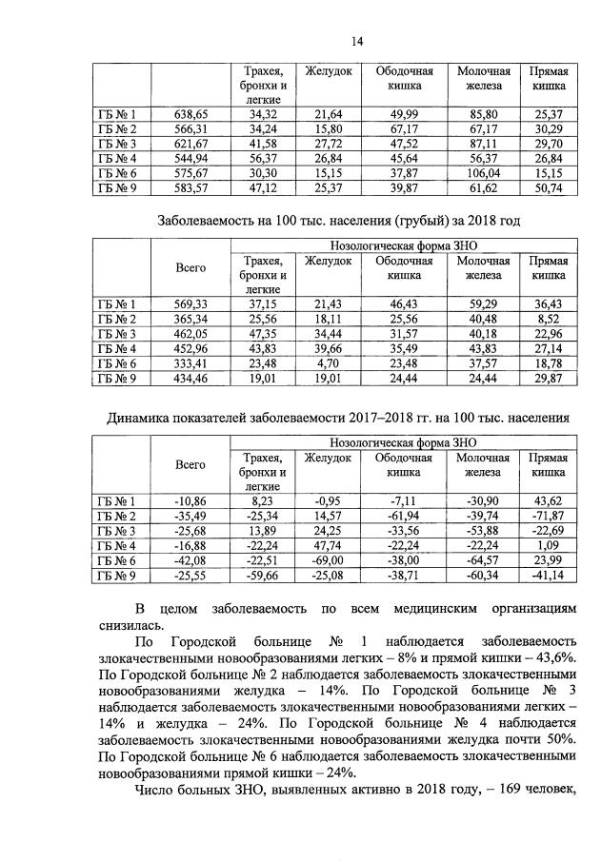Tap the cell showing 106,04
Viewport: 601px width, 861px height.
pos(484,174)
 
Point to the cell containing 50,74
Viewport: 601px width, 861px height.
pos(549,189)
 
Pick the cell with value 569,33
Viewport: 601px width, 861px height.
pos(190,303)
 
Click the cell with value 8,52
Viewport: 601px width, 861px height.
pos(549,318)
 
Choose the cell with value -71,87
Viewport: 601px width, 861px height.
pos(549,516)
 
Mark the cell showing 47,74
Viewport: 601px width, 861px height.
pos(328,545)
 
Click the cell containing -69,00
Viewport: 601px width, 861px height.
pos(328,560)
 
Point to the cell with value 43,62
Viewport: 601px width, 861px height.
pos(549,500)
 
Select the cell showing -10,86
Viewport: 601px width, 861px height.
pos(190,500)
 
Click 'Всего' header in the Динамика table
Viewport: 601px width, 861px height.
pos(190,464)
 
